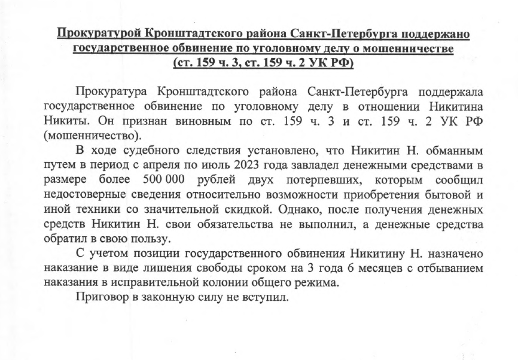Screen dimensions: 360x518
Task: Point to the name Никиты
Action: point(65,123)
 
